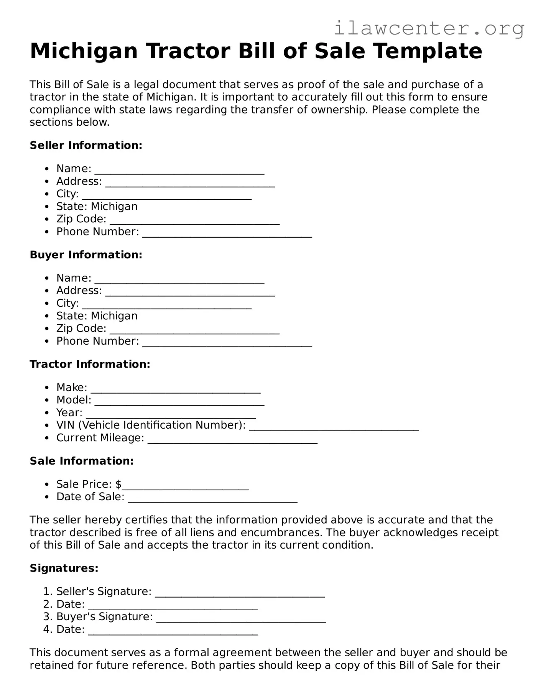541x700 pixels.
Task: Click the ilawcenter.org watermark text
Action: click(429, 28)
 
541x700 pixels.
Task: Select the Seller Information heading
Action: click(86, 145)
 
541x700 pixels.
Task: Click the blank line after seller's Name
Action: click(179, 171)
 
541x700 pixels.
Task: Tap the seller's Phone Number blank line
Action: click(227, 235)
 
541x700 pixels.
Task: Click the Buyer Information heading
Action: click(86, 255)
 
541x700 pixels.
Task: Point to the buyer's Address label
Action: click(79, 291)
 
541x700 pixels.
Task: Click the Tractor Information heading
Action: click(90, 364)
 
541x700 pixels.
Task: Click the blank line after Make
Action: click(176, 390)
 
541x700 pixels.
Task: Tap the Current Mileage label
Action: click(100, 438)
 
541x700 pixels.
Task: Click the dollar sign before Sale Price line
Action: click(118, 484)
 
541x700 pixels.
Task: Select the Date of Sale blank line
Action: click(212, 500)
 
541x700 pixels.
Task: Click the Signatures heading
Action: click(64, 568)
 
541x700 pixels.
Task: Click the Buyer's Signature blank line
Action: click(241, 619)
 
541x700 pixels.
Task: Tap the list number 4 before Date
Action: click(46, 629)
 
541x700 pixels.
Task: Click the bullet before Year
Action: click(47, 413)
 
